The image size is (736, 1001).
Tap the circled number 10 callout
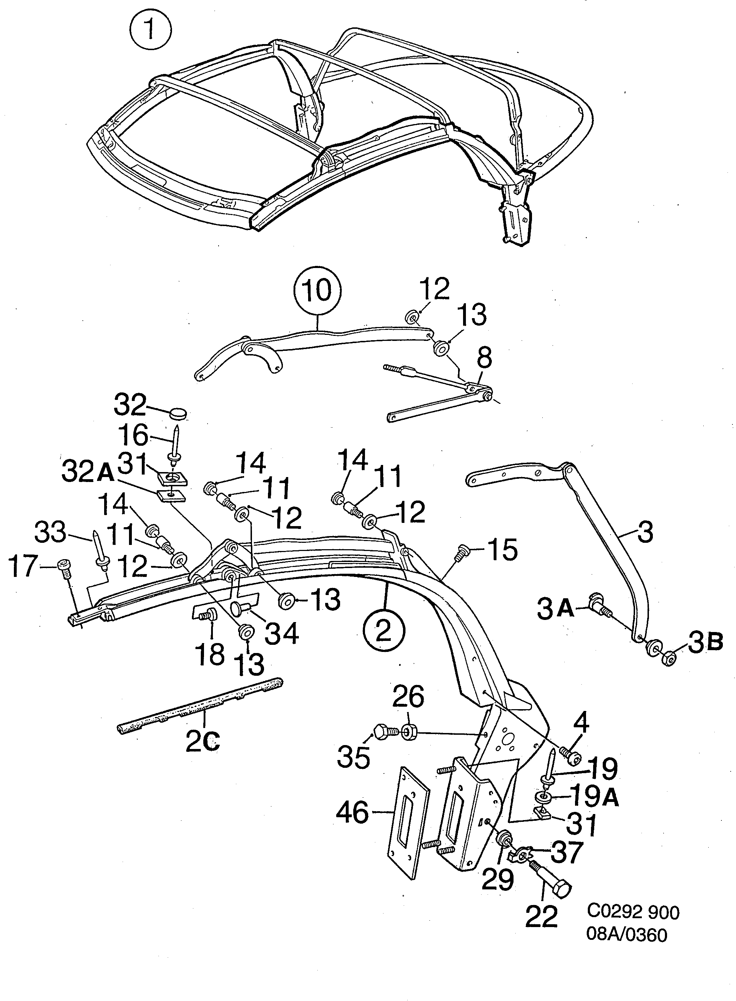point(318,290)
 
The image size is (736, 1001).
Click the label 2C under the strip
point(202,742)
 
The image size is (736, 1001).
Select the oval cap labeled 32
point(179,413)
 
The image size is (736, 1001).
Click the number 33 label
point(50,533)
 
